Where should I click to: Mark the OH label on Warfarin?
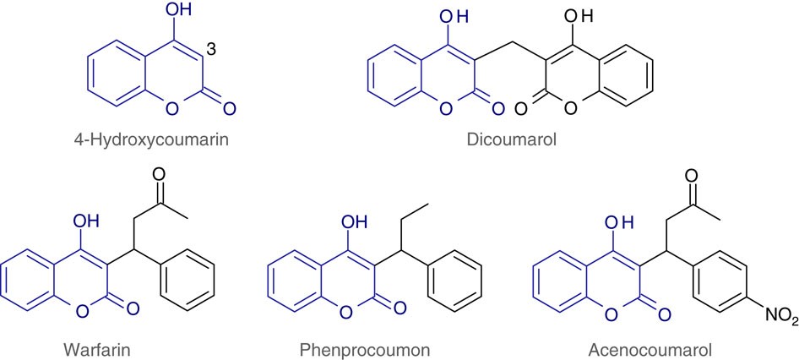pos(88,222)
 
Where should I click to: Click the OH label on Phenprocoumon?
pos(354,222)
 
